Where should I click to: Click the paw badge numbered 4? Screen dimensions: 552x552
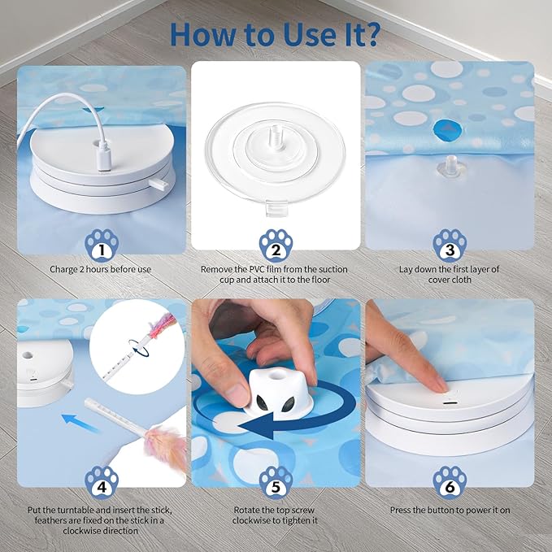[x=102, y=480]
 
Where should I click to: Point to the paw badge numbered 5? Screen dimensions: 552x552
[x=276, y=480]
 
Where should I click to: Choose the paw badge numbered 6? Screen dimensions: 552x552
[x=450, y=480]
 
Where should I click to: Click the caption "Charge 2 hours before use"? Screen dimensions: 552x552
[x=102, y=269]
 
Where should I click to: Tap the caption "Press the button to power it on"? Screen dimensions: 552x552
[x=450, y=510]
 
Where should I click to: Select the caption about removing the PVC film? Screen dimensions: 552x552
[x=276, y=275]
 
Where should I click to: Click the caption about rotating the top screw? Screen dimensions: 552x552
[x=276, y=515]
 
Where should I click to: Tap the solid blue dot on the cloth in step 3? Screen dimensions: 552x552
[x=445, y=128]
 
